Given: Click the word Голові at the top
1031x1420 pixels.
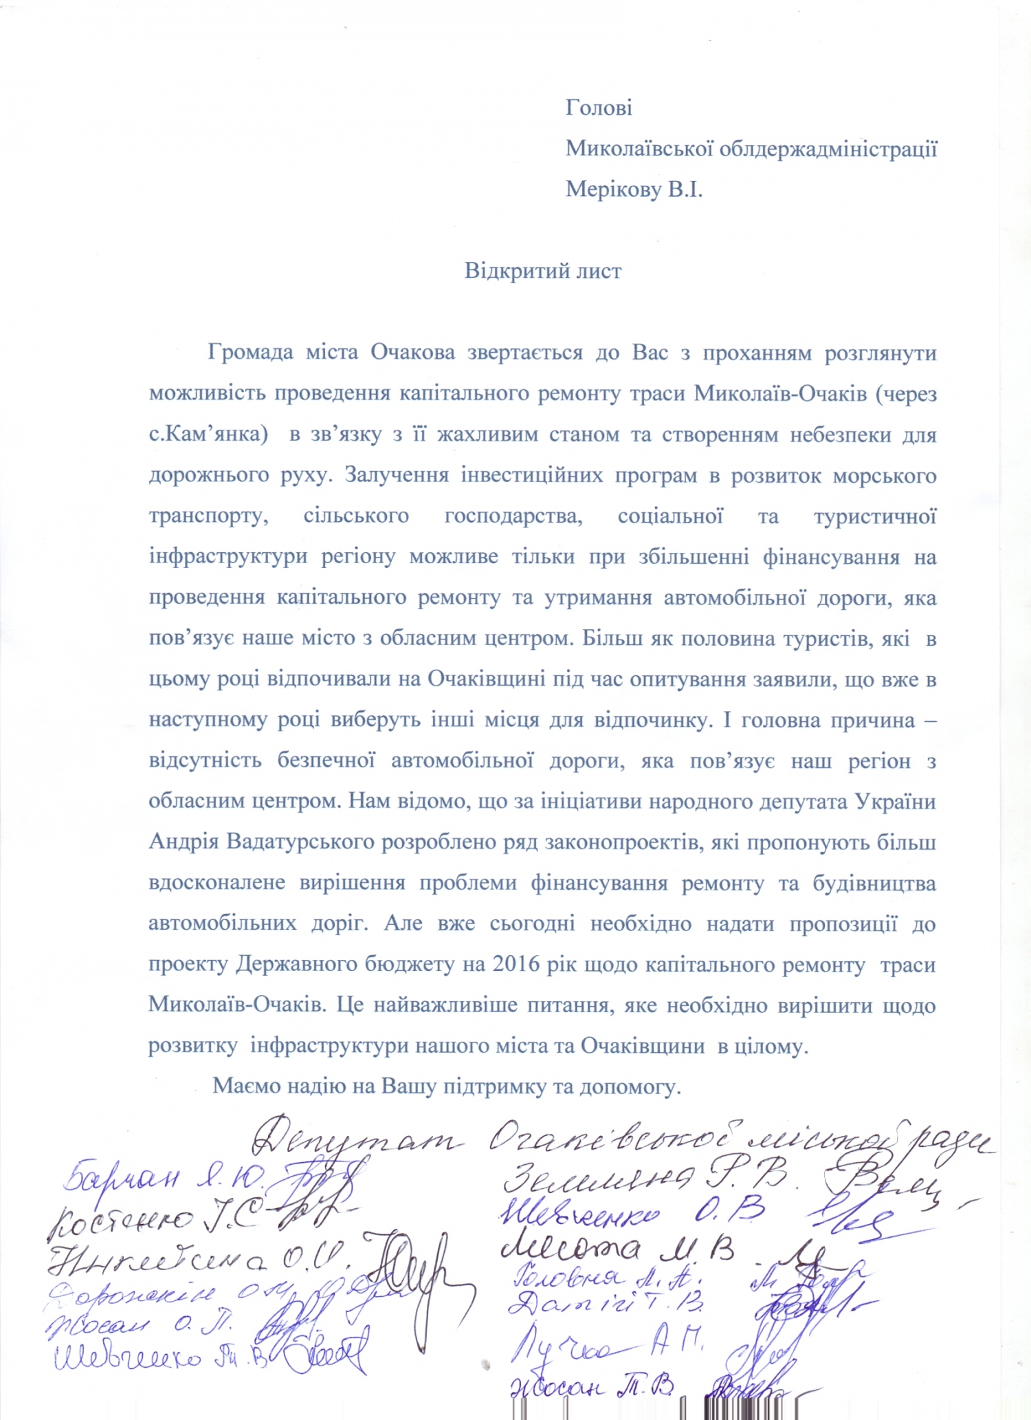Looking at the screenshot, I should (x=599, y=108).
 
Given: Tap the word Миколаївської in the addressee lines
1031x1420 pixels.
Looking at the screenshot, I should (x=639, y=149).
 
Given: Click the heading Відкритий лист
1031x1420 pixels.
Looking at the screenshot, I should (x=543, y=270).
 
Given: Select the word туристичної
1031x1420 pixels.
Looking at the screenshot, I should (x=874, y=516).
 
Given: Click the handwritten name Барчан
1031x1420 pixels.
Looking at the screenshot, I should (x=122, y=1178).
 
